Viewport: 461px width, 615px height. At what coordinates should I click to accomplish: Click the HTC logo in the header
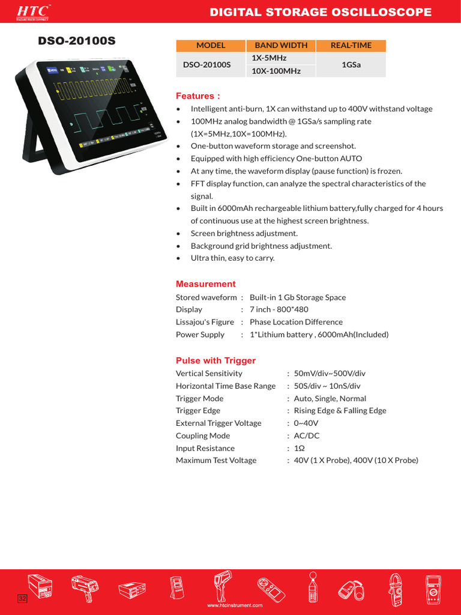tap(33, 11)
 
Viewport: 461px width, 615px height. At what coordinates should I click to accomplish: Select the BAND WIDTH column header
tap(280, 45)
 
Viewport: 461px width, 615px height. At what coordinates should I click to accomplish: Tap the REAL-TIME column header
tap(351, 45)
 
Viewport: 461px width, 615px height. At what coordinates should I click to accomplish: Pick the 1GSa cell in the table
tap(351, 64)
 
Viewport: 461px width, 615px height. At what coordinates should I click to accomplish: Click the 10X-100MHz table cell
tap(276, 71)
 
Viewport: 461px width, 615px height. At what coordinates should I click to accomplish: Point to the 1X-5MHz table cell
tap(270, 58)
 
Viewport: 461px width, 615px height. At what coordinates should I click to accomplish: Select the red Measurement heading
tap(205, 284)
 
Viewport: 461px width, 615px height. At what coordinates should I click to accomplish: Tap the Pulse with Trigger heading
tap(215, 360)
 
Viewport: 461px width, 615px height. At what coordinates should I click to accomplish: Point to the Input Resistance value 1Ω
tap(299, 448)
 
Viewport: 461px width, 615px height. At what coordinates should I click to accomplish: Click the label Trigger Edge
tap(197, 411)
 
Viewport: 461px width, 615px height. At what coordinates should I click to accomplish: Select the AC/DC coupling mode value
tap(307, 435)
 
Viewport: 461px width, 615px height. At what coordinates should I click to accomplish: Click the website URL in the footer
tap(235, 605)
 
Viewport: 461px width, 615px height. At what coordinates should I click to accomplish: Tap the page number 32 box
tap(22, 599)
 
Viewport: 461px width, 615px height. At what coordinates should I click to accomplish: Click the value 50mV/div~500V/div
tap(330, 374)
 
